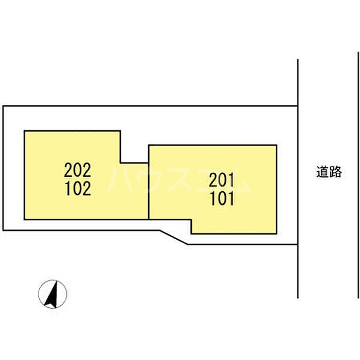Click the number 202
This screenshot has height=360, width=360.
pyautogui.click(x=78, y=169)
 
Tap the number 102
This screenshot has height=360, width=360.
pyautogui.click(x=78, y=189)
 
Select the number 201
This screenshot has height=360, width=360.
pyautogui.click(x=222, y=180)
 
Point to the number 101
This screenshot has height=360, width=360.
pyautogui.click(x=222, y=199)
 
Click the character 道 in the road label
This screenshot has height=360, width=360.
pyautogui.click(x=322, y=172)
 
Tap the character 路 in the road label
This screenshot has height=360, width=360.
pyautogui.click(x=335, y=172)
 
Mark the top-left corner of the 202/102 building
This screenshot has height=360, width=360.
pyautogui.click(x=25, y=131)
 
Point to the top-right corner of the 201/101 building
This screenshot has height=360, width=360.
pyautogui.click(x=277, y=145)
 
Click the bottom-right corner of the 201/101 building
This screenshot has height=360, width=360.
pyautogui.click(x=277, y=233)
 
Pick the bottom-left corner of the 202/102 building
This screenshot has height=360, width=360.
pyautogui.click(x=25, y=219)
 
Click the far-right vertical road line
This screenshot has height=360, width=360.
pyautogui.click(x=358, y=175)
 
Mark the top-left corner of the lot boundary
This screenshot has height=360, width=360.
pyautogui.click(x=3, y=106)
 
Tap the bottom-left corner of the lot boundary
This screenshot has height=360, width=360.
pyautogui.click(x=3, y=230)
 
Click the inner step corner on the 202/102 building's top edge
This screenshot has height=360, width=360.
pyautogui.click(x=121, y=163)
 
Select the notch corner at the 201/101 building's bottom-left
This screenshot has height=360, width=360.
pyautogui.click(x=191, y=220)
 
